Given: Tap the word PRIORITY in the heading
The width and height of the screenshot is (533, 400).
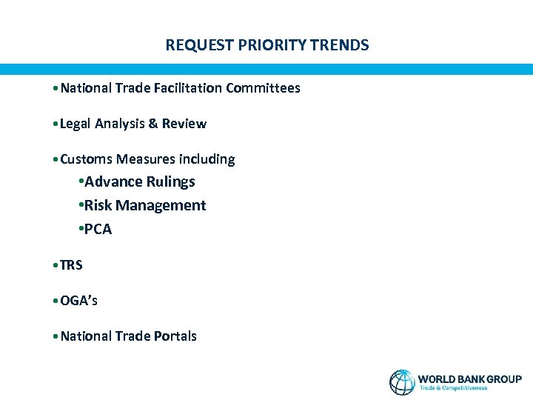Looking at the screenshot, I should click(x=264, y=45).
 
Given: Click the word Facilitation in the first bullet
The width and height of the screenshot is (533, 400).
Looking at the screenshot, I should click(x=188, y=88).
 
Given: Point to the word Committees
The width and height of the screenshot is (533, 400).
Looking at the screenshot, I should click(x=263, y=88).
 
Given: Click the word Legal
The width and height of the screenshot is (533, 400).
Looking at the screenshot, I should click(x=75, y=124).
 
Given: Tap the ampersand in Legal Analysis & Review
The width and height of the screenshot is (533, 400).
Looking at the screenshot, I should click(x=152, y=124).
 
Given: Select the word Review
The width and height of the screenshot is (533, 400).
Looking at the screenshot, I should click(x=184, y=124).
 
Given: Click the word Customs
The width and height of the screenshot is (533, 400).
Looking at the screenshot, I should click(x=84, y=159).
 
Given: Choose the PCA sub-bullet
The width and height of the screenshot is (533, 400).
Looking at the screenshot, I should click(x=98, y=230).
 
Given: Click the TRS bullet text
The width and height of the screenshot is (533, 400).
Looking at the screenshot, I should click(x=71, y=265).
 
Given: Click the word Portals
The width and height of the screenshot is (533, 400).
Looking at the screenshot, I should click(x=175, y=336).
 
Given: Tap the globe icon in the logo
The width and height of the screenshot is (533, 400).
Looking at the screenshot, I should click(x=402, y=381).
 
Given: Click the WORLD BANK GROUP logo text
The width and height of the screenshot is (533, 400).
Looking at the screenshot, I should click(x=469, y=379).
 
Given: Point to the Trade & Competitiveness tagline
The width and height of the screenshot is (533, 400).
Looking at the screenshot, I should click(x=453, y=388).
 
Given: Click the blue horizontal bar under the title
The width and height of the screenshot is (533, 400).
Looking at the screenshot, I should click(x=266, y=69).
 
